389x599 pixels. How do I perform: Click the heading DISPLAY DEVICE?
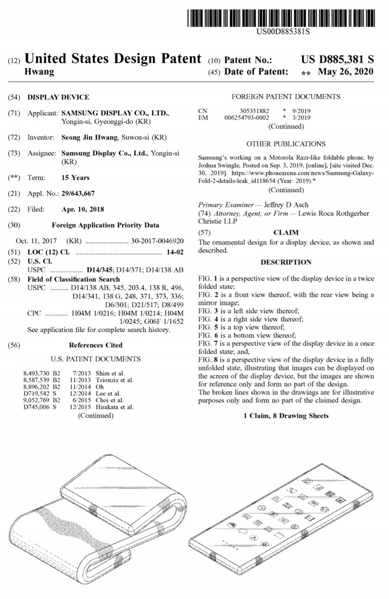[58, 98]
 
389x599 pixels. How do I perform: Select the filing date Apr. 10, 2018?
[83, 209]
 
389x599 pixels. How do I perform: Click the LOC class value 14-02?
[173, 252]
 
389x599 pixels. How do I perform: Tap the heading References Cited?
[96, 345]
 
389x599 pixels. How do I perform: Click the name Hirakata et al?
[114, 407]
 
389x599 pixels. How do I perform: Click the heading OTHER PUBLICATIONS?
[286, 144]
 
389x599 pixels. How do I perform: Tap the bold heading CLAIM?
[286, 232]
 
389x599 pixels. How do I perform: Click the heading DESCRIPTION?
[286, 263]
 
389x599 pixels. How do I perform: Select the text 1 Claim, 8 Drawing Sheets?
[286, 416]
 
